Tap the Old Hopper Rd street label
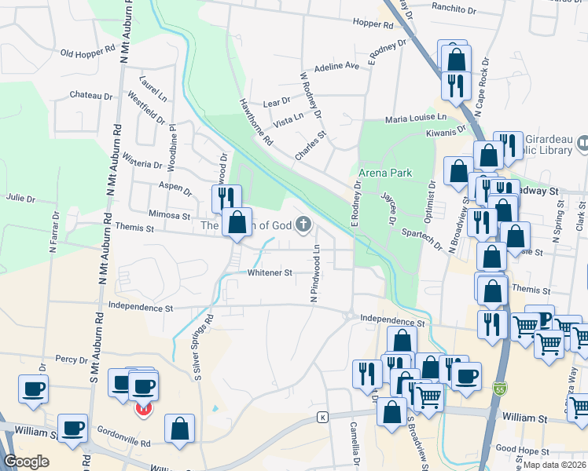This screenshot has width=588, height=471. (87, 53)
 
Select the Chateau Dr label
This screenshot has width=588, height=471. (91, 96)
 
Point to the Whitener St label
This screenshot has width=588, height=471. (270, 273)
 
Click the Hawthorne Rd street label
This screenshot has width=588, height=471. (256, 122)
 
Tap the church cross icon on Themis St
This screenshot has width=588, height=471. (303, 225)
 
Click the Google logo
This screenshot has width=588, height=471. (26, 462)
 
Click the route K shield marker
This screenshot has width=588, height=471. (322, 416)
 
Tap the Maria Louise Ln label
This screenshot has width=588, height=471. (415, 118)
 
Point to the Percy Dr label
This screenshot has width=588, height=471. (76, 359)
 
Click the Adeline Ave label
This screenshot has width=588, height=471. (336, 67)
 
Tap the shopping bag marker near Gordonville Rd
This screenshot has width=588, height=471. (180, 429)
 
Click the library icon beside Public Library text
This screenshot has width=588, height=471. (583, 144)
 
